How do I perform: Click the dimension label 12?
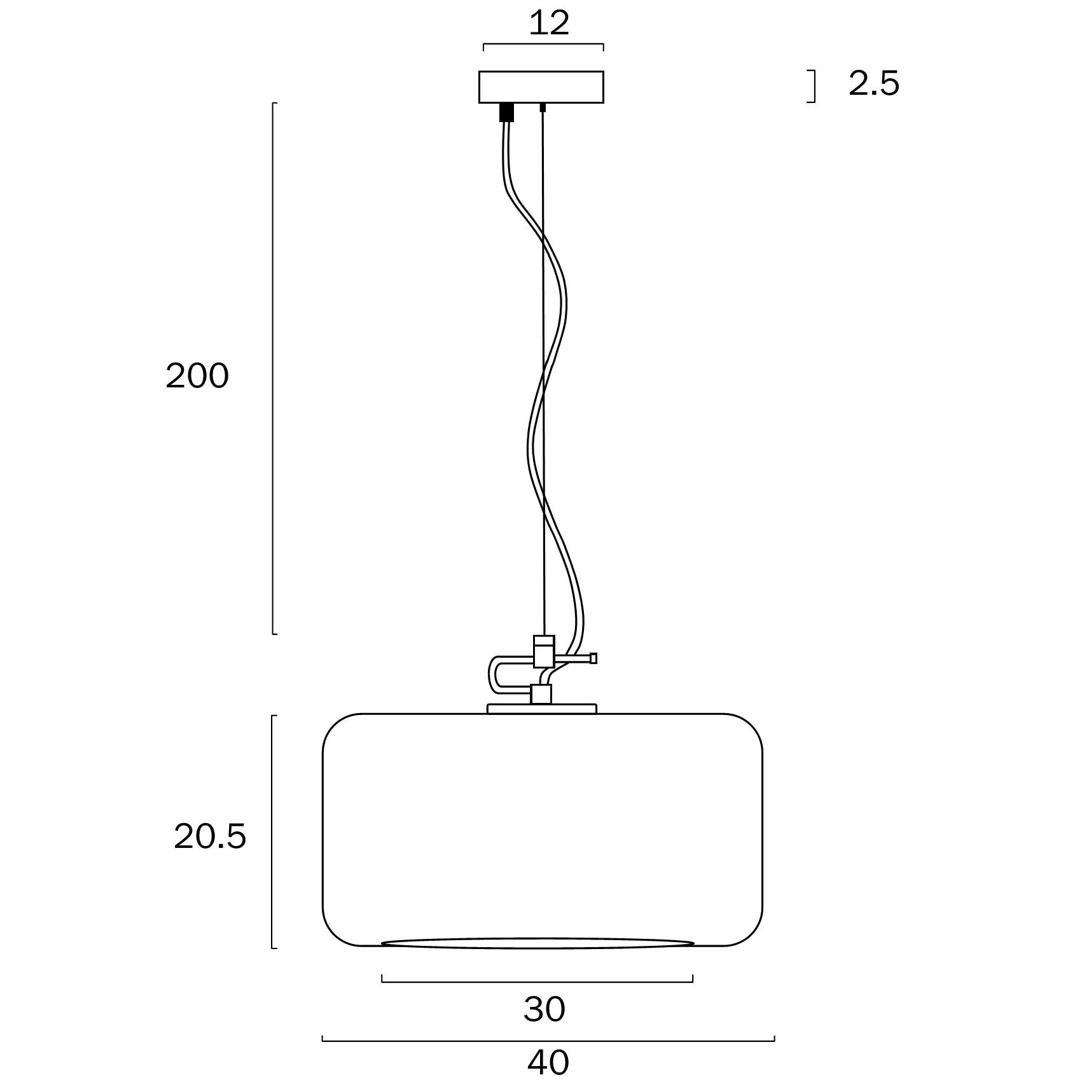pyautogui.click(x=549, y=24)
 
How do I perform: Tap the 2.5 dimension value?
pyautogui.click(x=874, y=83)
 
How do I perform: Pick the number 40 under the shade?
pyautogui.click(x=548, y=1062)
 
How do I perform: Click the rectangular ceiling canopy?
pyautogui.click(x=541, y=87)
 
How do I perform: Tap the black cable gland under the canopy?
pyautogui.click(x=506, y=112)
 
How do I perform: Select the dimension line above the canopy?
pyautogui.click(x=543, y=45)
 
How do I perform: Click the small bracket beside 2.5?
pyautogui.click(x=814, y=87)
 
